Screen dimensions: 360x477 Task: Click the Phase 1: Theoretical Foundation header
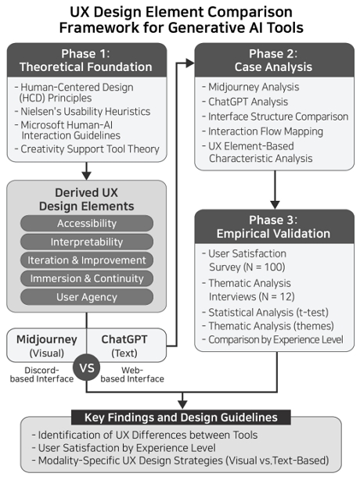pyautogui.click(x=87, y=60)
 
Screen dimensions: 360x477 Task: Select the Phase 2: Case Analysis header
pyautogui.click(x=274, y=60)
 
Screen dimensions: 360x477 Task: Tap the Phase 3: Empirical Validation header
pyautogui.click(x=274, y=226)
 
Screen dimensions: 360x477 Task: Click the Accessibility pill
pyautogui.click(x=87, y=224)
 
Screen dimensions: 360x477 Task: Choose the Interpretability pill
pyautogui.click(x=87, y=242)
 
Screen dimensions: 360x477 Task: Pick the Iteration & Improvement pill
pyautogui.click(x=87, y=260)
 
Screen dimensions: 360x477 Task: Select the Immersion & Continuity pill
pyautogui.click(x=87, y=278)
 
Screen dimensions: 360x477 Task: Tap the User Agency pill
pyautogui.click(x=87, y=297)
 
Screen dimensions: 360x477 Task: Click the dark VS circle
pyautogui.click(x=87, y=368)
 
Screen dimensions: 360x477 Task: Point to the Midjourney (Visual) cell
pyautogui.click(x=47, y=346)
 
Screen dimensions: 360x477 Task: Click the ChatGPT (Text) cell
pyautogui.click(x=127, y=346)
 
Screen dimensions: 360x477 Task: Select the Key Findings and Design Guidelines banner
pyautogui.click(x=181, y=418)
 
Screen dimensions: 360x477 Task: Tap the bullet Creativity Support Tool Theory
pyautogui.click(x=87, y=149)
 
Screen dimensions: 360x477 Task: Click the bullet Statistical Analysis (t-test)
pyautogui.click(x=265, y=313)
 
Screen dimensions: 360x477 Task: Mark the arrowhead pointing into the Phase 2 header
pyautogui.click(x=190, y=63)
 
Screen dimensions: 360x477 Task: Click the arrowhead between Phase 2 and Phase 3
pyautogui.click(x=275, y=205)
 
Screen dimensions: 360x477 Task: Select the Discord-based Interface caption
pyautogui.click(x=41, y=375)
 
